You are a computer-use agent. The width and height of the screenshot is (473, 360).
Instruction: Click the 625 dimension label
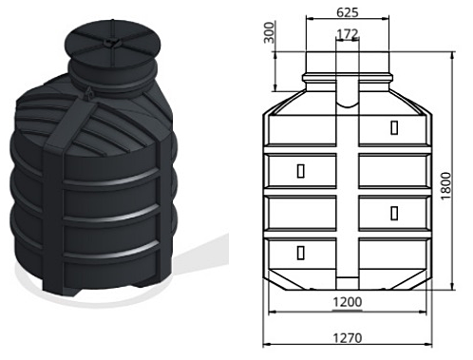click(348, 14)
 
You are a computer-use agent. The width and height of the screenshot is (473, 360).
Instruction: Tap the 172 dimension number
click(349, 34)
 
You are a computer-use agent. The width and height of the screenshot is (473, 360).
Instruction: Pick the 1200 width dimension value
click(347, 303)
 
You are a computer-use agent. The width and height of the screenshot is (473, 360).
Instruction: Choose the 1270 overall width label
click(349, 335)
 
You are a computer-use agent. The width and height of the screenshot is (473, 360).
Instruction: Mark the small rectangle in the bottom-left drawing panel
click(301, 253)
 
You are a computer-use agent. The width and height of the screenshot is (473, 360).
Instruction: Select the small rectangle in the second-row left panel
click(301, 171)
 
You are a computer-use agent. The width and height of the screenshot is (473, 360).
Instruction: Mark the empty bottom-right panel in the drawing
click(392, 251)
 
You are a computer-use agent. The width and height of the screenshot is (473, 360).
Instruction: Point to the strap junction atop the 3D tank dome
click(90, 95)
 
